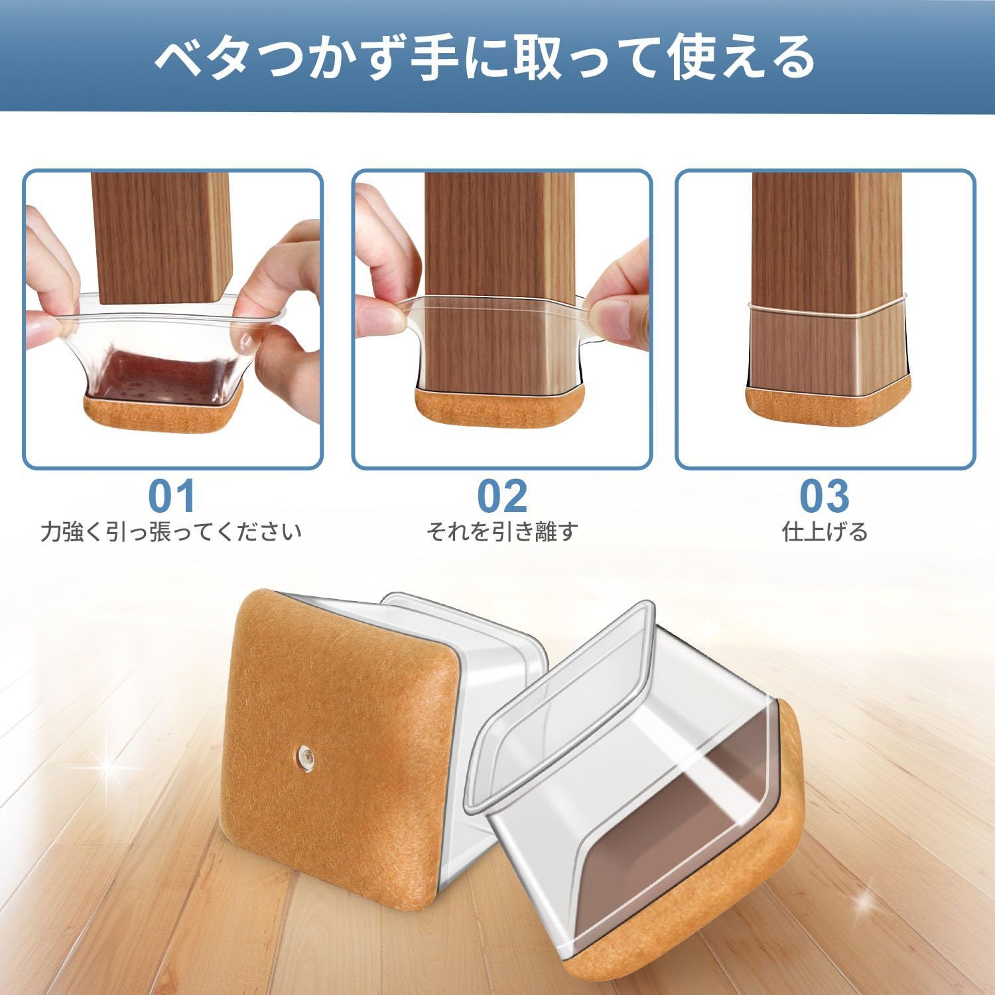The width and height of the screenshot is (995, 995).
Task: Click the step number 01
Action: (x=172, y=497)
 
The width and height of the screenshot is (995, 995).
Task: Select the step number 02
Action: (x=502, y=497)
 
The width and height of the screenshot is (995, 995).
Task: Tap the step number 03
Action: (x=824, y=497)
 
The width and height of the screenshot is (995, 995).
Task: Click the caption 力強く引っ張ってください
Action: (x=171, y=532)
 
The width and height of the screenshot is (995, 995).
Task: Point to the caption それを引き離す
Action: (x=502, y=532)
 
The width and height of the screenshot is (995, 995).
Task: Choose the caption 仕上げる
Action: (x=825, y=532)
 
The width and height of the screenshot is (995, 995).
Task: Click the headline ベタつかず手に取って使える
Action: (x=485, y=58)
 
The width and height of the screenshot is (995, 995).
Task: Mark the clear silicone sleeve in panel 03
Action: (x=825, y=344)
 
